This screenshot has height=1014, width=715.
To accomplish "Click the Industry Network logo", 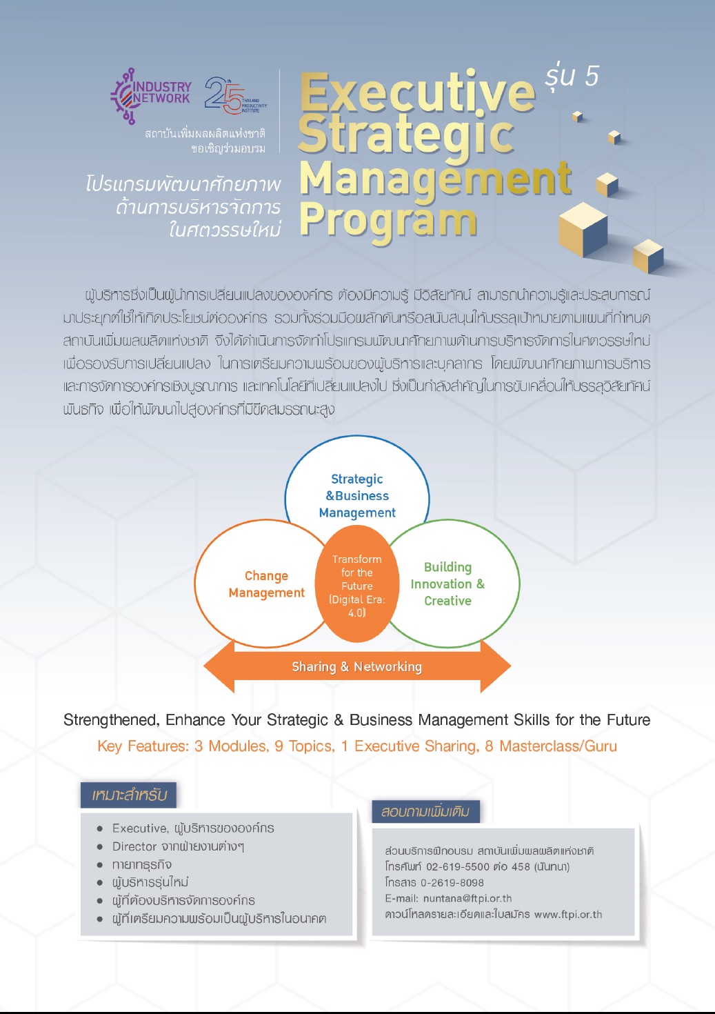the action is (151, 96).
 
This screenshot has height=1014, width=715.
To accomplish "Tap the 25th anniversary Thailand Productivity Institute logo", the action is (235, 95).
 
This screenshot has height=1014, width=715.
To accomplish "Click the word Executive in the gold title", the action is (417, 93).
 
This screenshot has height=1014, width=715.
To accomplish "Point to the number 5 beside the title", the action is (592, 76).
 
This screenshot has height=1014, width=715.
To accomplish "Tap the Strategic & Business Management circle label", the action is (357, 496).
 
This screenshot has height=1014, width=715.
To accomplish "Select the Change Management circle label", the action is (267, 584).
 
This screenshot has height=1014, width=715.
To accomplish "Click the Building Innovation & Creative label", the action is (447, 584).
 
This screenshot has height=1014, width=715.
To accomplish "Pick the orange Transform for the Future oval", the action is (357, 584).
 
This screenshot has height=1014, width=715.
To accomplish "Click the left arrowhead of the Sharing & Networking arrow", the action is (219, 666).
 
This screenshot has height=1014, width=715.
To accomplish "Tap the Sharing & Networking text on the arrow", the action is (356, 666).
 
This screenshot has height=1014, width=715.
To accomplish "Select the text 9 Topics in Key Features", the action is (304, 746).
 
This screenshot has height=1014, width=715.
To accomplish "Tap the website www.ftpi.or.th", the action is (568, 914).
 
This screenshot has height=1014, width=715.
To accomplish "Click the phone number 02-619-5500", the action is (458, 866).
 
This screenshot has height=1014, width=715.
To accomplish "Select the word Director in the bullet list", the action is (135, 846).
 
